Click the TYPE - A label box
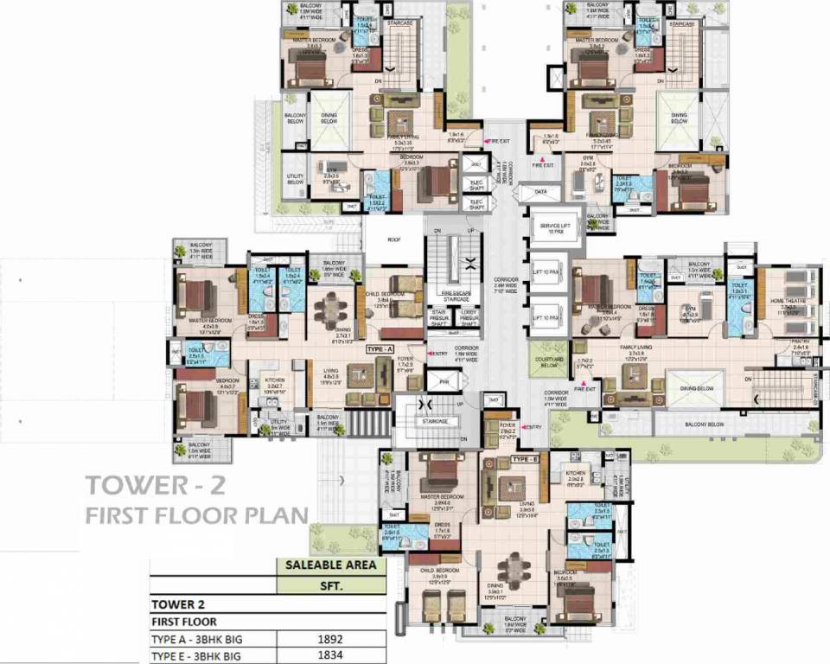pyautogui.click(x=380, y=348)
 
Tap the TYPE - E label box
pyautogui.click(x=524, y=460)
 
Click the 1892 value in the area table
pyautogui.click(x=330, y=640)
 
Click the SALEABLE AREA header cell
pyautogui.click(x=330, y=566)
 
